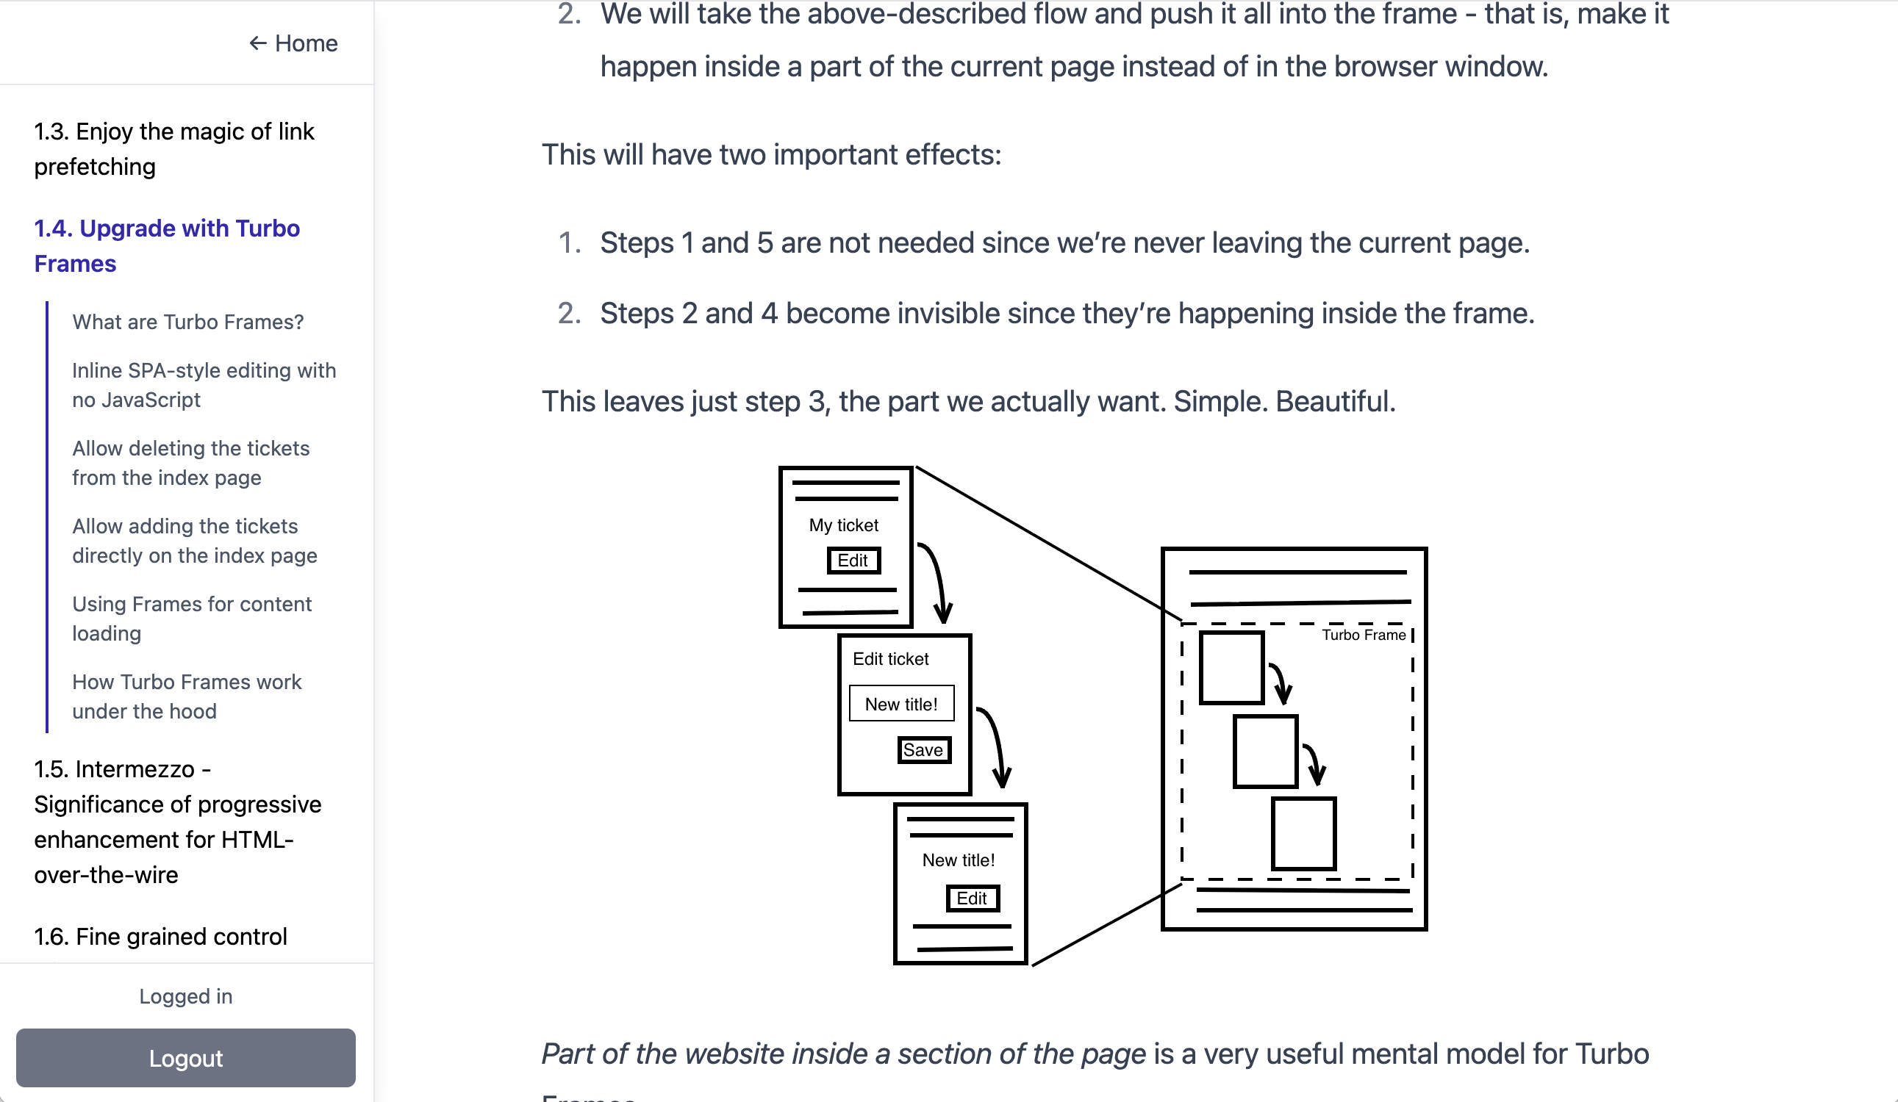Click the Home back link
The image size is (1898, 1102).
(294, 43)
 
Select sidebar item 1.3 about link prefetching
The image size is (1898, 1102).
(174, 149)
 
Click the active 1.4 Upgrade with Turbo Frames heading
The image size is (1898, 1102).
(166, 245)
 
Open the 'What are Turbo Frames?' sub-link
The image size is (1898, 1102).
(187, 323)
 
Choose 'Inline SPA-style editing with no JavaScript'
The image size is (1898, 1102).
(204, 385)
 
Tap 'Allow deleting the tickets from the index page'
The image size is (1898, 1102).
(190, 463)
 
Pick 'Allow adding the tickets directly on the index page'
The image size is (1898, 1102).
(194, 541)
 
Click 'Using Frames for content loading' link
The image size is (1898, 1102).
(191, 618)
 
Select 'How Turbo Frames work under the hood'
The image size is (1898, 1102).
(186, 696)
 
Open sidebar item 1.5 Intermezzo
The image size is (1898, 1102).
(177, 821)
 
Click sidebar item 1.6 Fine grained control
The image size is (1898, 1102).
(160, 937)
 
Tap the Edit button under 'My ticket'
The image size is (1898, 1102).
(853, 561)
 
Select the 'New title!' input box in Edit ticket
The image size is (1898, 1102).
(901, 704)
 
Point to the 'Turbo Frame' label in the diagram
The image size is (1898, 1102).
(1364, 635)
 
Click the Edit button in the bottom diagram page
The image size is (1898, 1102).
(972, 898)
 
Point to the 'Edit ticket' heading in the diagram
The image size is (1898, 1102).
(891, 659)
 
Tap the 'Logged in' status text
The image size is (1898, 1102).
(186, 996)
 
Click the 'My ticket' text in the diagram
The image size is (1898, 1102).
(844, 525)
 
